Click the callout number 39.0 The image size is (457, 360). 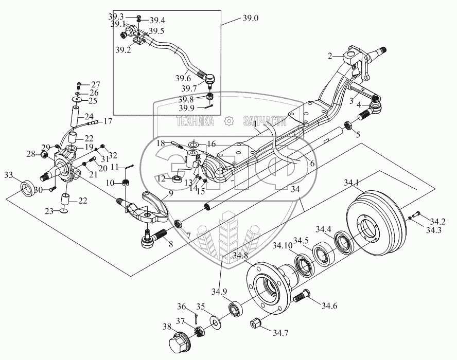[251, 19]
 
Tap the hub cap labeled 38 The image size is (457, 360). [179, 343]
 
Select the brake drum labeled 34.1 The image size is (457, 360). [376, 223]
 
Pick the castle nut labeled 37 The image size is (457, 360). [200, 331]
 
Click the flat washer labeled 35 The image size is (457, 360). [216, 322]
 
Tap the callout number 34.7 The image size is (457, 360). [280, 333]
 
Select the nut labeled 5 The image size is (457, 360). [348, 125]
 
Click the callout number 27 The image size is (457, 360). [96, 85]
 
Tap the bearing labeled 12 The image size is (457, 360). [177, 179]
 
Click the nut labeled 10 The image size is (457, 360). [126, 183]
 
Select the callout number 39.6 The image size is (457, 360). [183, 78]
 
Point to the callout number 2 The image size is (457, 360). [330, 56]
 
